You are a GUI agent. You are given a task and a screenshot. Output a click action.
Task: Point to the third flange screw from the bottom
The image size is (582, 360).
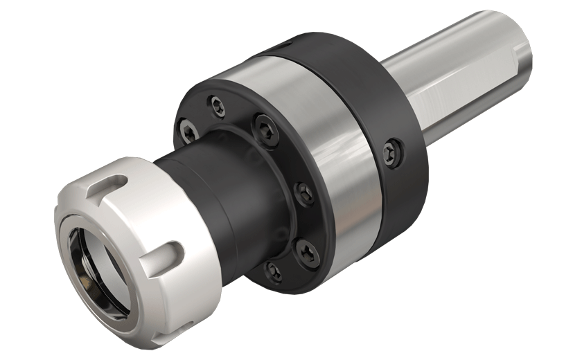click(x=303, y=192)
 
